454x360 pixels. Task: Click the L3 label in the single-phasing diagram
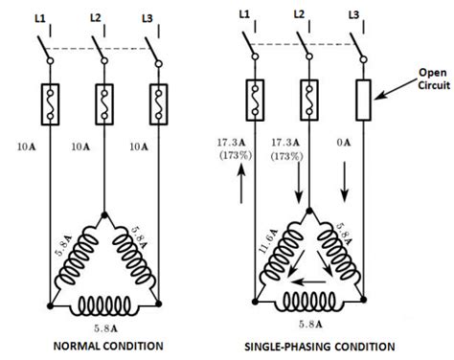355,14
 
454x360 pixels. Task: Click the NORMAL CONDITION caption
106,345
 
